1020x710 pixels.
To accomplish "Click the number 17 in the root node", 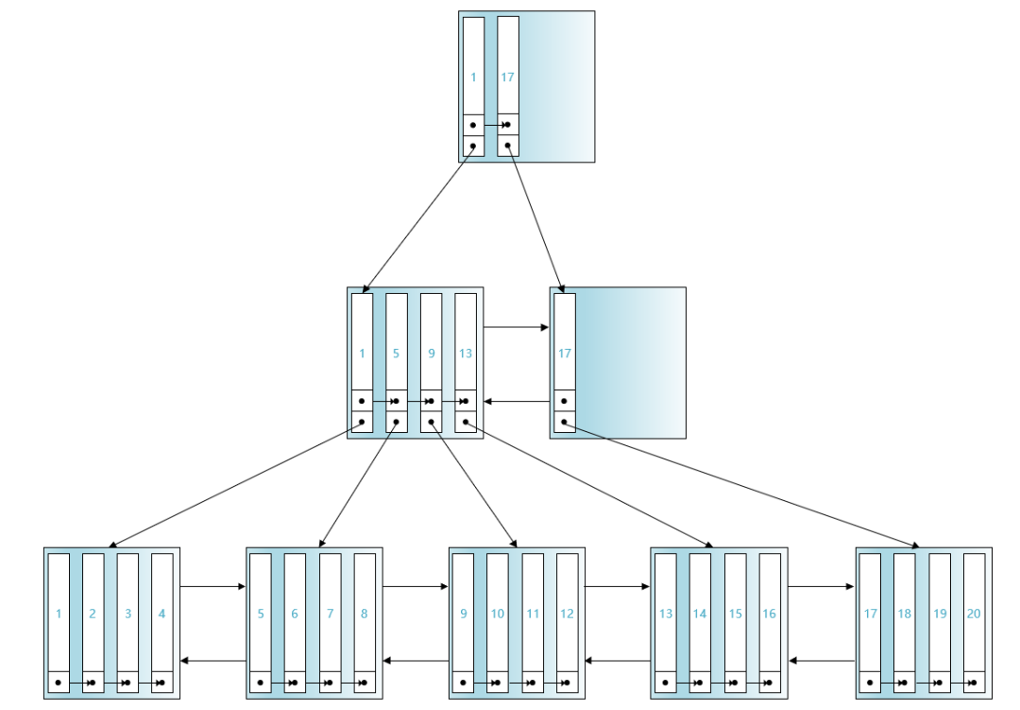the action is click(507, 78).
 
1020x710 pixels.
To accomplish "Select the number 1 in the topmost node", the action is click(473, 78).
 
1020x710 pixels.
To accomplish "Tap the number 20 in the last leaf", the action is click(974, 614).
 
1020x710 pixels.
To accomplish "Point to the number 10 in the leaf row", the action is click(498, 614).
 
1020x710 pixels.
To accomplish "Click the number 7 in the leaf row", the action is click(330, 614).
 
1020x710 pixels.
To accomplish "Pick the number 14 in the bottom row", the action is click(699, 614).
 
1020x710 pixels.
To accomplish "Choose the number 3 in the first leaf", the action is click(127, 614).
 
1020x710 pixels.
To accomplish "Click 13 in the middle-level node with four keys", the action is click(465, 354).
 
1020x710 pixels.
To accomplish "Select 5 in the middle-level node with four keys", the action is click(396, 354).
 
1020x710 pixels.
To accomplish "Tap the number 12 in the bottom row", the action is click(567, 614).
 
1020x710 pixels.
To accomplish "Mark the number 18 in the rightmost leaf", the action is click(904, 614).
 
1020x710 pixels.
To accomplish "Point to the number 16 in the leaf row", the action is click(769, 614).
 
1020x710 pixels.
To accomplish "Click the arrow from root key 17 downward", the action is click(535, 219).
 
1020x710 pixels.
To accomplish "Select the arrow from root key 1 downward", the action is click(417, 219).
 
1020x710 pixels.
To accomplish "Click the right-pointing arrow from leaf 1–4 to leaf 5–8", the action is click(212, 587).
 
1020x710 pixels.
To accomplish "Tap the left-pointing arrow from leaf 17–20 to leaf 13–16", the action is click(822, 661).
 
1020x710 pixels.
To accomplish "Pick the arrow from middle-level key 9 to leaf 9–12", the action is click(473, 485).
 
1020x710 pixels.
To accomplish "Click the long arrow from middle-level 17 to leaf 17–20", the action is click(741, 485).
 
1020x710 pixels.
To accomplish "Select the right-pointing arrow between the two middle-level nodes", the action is click(517, 327).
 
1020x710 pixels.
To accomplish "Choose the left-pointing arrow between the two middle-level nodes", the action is click(517, 401).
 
